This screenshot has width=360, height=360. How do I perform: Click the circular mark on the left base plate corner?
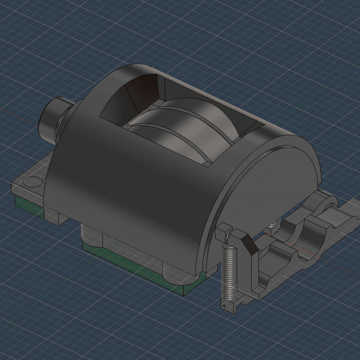(32, 182)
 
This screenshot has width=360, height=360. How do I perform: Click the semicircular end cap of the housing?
(267, 196)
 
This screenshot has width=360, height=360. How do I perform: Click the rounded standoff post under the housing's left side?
(90, 235)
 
